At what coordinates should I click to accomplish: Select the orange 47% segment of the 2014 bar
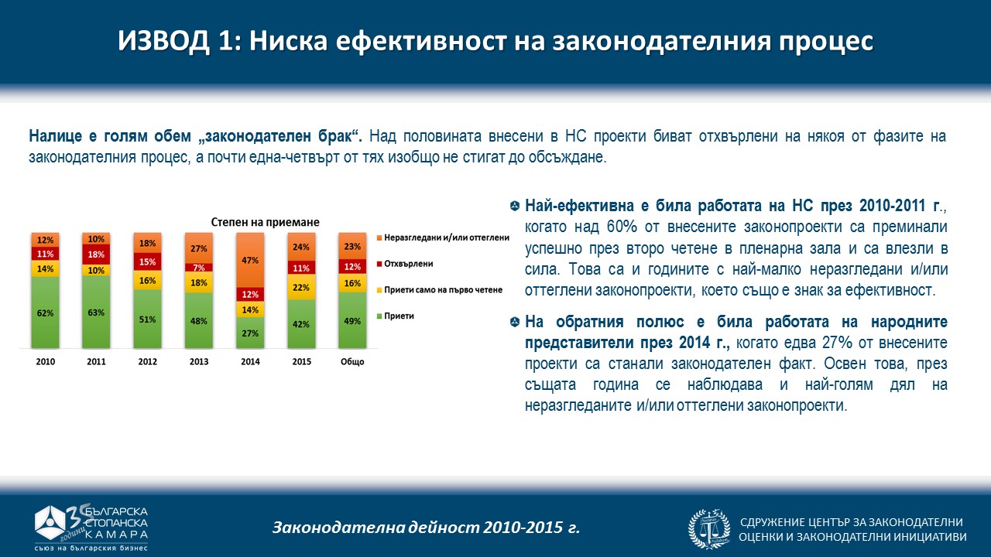249,261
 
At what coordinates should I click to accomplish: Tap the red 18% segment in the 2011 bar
96,255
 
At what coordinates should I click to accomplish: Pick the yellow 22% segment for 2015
300,287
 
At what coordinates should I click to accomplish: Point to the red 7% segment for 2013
198,268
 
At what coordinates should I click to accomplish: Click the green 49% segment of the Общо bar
351,321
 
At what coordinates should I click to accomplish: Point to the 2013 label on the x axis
198,361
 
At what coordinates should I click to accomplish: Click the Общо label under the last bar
351,361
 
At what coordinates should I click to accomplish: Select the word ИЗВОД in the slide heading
162,42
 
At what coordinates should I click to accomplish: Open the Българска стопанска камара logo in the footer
91,527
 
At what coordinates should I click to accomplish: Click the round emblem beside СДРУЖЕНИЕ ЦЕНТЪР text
708,528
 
